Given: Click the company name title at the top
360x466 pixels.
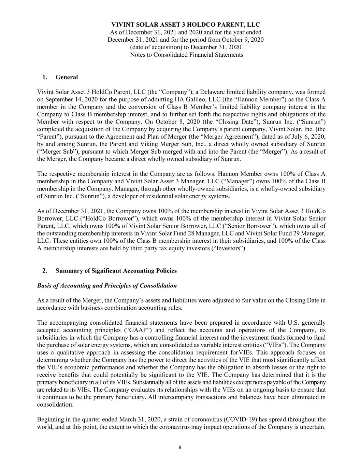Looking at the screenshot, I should (186, 25).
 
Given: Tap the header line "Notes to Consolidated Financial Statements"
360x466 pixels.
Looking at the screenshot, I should (187, 55).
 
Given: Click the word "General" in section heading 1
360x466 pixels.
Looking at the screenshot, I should (67, 77).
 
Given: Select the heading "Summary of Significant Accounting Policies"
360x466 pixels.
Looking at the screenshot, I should (116, 271).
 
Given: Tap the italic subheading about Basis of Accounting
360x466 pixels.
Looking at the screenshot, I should (107, 285).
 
